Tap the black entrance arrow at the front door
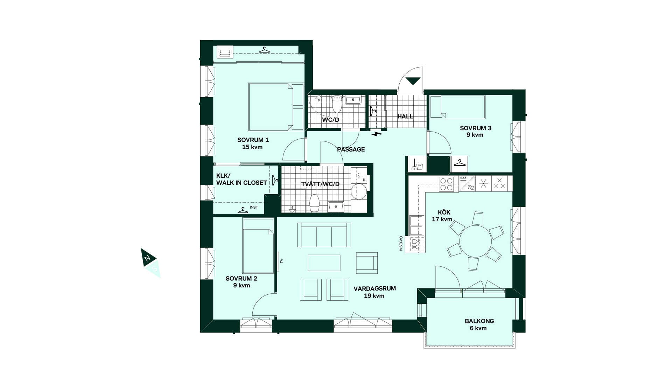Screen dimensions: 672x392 413,80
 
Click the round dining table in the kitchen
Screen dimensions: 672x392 475,241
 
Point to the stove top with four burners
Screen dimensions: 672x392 447,184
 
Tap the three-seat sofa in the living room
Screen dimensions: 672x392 324,235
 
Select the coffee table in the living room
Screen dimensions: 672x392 324,263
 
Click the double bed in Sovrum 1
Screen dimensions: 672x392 276,107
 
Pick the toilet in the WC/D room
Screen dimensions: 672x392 337,104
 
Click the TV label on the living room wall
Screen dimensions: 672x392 281,261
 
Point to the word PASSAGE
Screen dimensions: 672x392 351,149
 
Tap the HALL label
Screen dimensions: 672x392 405,117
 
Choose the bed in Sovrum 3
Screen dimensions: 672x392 458,107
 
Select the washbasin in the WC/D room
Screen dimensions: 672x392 353,100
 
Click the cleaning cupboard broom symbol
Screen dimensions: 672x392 417,164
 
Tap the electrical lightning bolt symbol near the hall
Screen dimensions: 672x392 377,133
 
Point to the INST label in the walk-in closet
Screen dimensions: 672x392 254,208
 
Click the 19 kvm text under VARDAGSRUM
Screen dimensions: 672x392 374,296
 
